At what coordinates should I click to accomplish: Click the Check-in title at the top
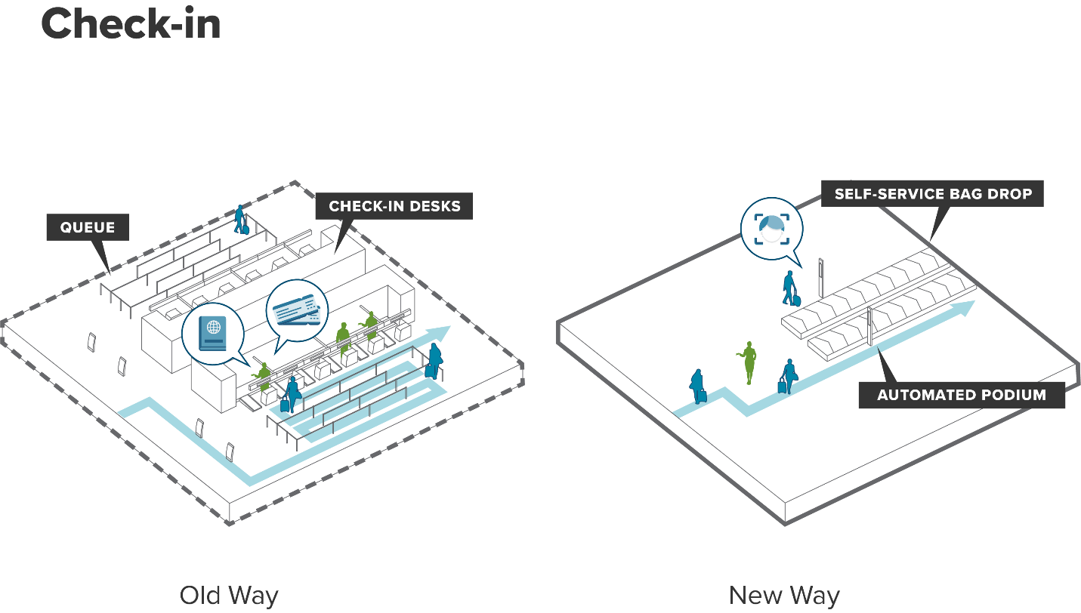coord(131,24)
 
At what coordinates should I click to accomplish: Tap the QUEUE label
coord(88,227)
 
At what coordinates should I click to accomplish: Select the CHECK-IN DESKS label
coord(394,206)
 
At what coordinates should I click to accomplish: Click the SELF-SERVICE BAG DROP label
coord(933,194)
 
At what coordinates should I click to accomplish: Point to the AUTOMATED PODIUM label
coord(961,395)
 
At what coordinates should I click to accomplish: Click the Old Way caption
coord(229,596)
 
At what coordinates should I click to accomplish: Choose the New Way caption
coord(784,596)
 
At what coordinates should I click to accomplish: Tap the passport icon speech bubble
coord(212,333)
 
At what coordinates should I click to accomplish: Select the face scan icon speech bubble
coord(771,228)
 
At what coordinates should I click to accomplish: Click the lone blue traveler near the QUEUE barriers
coord(241,219)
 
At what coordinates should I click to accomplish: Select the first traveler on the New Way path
coord(697,385)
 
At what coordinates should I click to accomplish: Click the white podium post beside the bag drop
coord(870,326)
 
